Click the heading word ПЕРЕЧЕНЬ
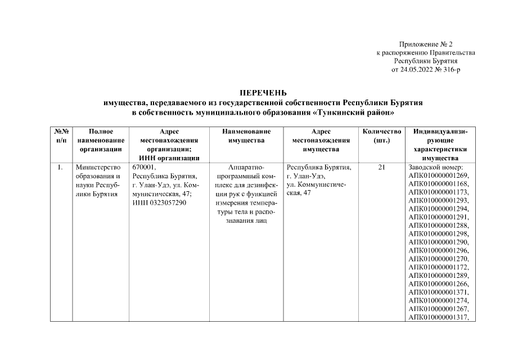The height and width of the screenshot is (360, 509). click(x=263, y=93)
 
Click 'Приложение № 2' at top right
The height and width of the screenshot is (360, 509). click(x=425, y=44)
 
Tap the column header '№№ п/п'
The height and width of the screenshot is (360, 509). click(x=61, y=136)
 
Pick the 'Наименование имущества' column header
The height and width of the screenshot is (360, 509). click(x=246, y=136)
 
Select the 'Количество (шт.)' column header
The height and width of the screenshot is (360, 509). click(x=382, y=136)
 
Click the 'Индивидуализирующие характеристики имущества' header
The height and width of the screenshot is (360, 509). click(x=440, y=145)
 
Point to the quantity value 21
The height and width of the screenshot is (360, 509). click(x=382, y=167)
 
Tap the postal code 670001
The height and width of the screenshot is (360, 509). click(x=143, y=167)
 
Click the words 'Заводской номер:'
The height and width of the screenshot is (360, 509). click(x=435, y=167)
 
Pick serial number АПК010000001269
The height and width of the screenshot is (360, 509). click(x=438, y=175)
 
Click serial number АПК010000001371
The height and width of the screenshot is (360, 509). click(x=438, y=293)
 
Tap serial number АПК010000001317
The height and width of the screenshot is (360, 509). click(x=438, y=317)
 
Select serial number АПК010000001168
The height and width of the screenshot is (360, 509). click(x=438, y=184)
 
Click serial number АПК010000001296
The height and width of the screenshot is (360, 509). click(x=438, y=250)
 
